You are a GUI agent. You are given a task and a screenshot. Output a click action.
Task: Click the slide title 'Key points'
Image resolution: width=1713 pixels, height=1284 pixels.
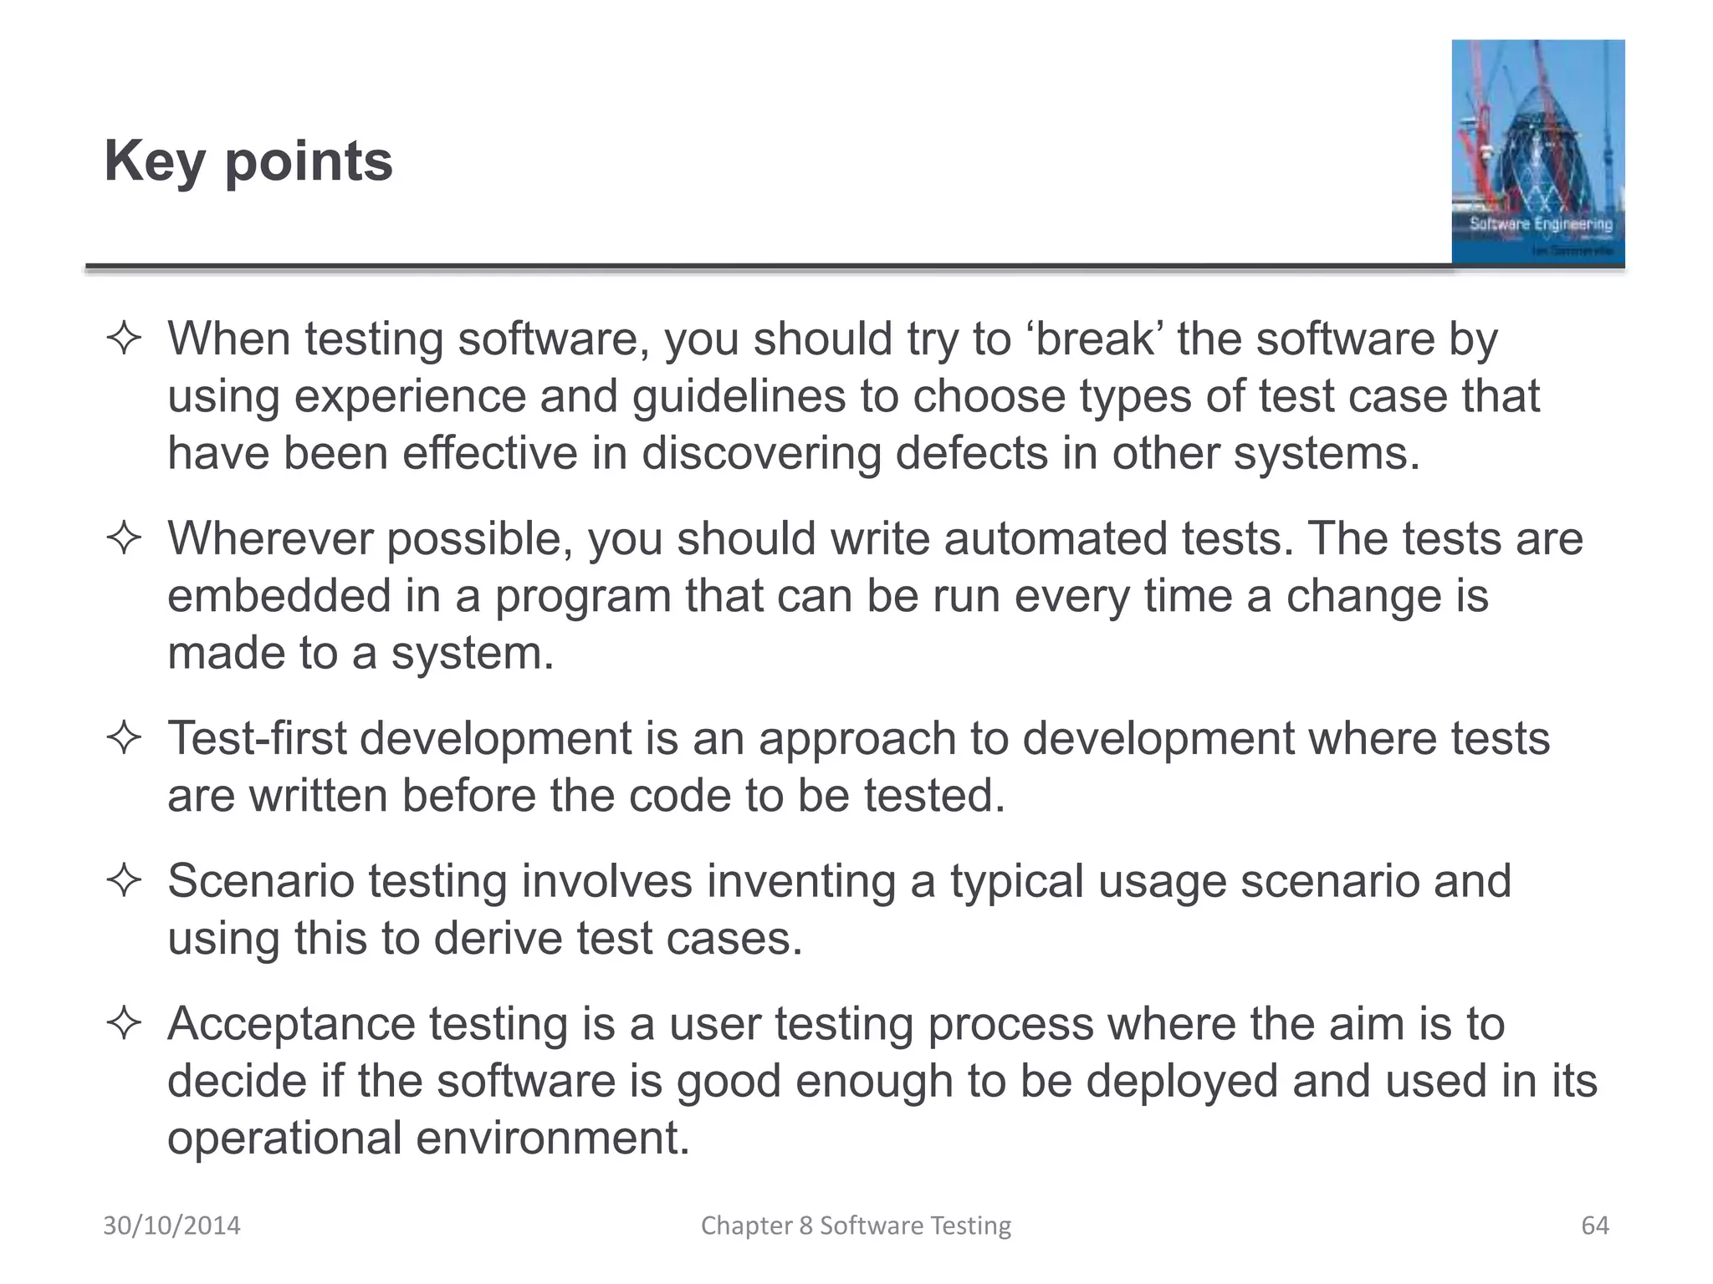248,160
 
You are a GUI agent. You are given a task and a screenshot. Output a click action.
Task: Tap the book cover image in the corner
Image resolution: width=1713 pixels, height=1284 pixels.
1537,152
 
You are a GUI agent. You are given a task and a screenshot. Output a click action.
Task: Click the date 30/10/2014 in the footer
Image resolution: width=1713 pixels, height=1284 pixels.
171,1225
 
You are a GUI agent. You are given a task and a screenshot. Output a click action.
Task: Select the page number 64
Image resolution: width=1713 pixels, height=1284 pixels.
1594,1225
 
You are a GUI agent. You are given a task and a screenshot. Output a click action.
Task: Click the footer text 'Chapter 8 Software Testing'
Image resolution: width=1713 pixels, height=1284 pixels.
856,1225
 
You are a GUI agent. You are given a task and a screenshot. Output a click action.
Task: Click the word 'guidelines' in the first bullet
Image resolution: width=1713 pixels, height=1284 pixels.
739,396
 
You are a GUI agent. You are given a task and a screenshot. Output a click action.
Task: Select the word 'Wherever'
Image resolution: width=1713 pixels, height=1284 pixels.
270,538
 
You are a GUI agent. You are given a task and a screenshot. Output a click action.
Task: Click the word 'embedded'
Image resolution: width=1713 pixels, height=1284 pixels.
279,596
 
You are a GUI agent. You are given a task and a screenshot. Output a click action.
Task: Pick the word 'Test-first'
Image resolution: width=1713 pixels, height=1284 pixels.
257,739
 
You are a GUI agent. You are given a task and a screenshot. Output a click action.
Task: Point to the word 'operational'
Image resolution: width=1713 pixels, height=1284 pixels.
284,1139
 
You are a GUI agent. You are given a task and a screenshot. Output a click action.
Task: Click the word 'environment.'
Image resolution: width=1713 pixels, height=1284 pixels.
553,1139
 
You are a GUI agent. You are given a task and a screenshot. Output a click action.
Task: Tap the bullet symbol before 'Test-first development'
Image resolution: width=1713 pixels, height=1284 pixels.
124,739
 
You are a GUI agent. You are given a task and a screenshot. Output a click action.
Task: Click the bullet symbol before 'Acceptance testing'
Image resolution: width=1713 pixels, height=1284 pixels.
124,1024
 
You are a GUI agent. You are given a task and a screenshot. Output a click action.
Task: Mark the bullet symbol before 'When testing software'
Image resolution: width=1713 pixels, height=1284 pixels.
124,339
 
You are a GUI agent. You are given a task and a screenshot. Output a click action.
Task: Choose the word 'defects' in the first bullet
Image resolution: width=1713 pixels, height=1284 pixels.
971,454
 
